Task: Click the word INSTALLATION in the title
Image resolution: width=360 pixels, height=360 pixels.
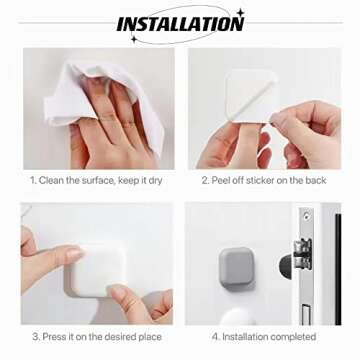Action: coord(180,23)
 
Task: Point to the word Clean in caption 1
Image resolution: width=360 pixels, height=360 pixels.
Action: coord(55,181)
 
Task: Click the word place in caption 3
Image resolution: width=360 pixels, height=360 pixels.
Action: coord(147,336)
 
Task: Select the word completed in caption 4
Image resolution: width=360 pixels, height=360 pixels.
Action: coord(290,336)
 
